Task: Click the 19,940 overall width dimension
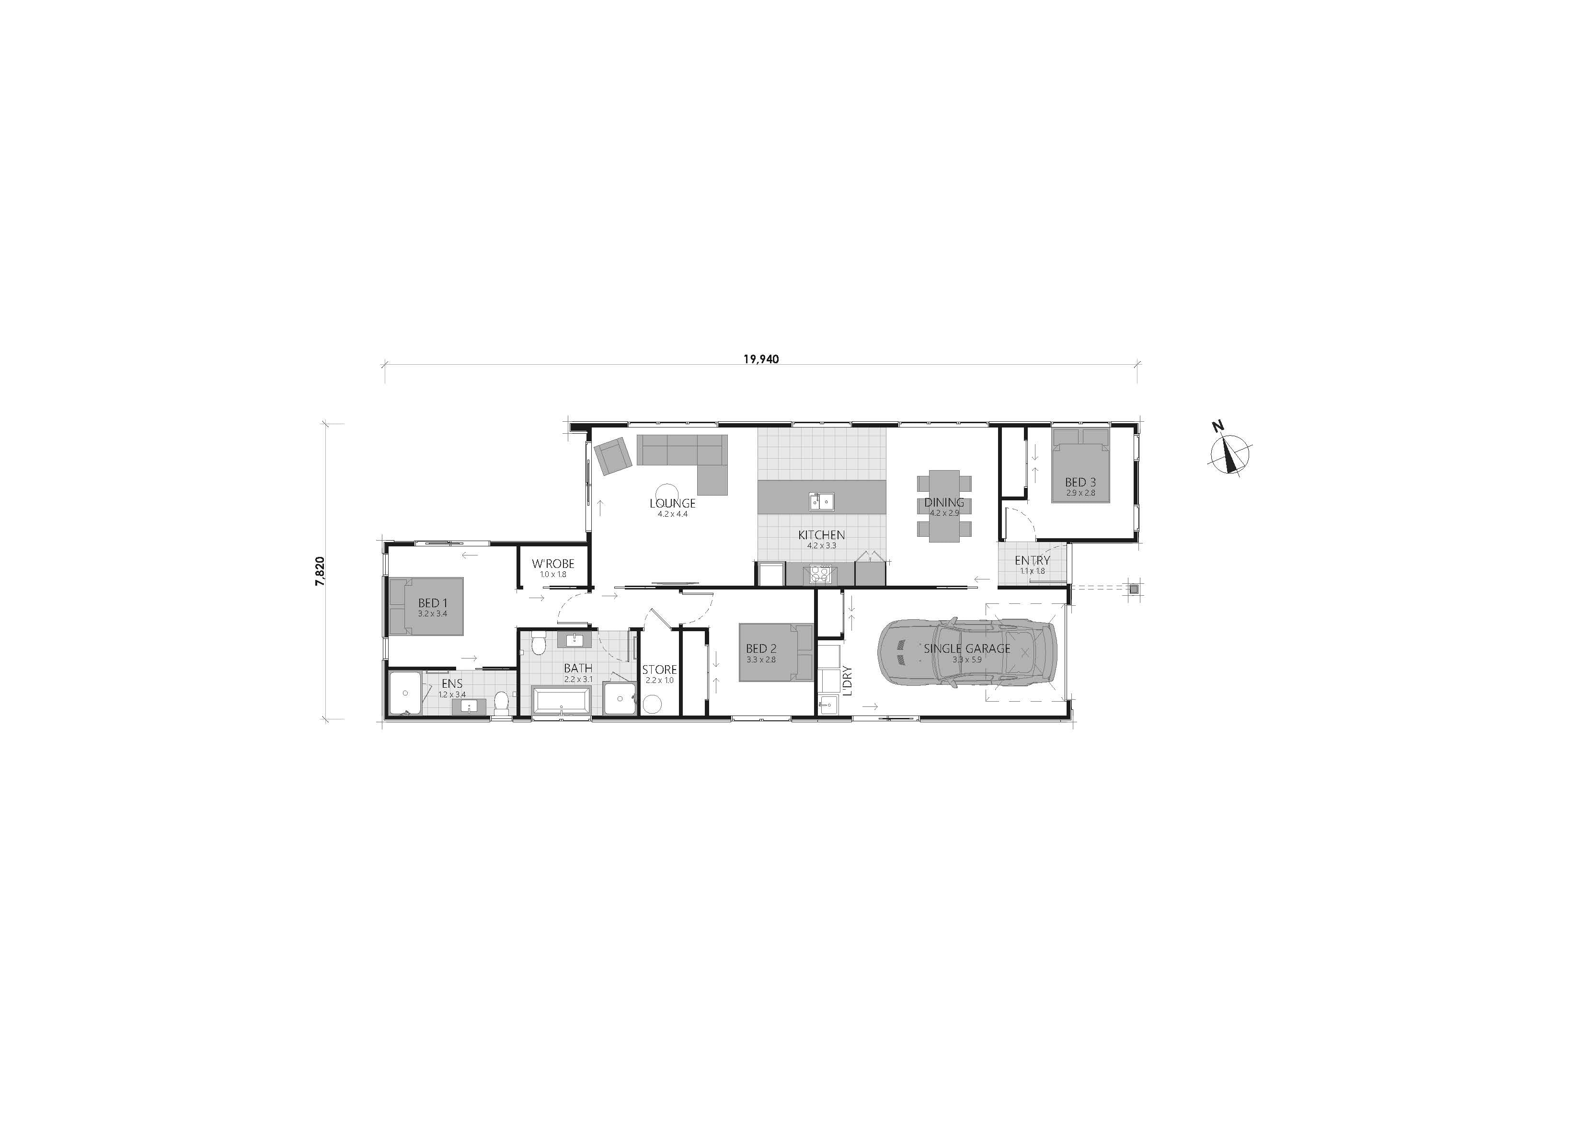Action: [761, 359]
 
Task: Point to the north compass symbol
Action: [1229, 452]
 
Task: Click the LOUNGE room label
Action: [672, 504]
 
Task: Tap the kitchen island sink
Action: [822, 500]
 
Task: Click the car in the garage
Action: [966, 653]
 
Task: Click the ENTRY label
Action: [1032, 560]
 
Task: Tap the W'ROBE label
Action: [553, 564]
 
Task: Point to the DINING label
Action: [944, 503]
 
